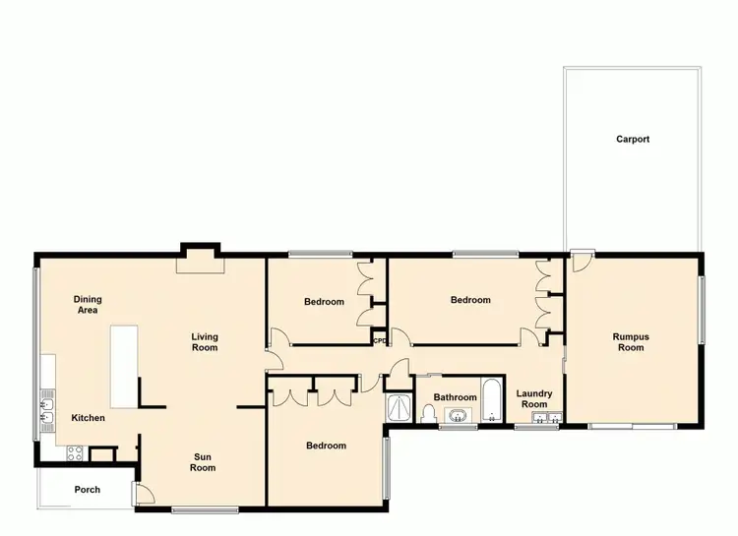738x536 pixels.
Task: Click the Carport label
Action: point(633,140)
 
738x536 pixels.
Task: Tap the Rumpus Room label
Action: point(630,342)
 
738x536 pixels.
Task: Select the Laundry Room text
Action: point(534,399)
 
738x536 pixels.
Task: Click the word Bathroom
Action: point(456,397)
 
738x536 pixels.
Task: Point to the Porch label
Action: point(87,489)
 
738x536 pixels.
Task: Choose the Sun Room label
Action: point(203,462)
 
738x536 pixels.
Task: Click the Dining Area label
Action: point(88,304)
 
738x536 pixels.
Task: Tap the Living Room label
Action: point(205,342)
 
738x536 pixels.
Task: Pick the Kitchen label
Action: point(88,418)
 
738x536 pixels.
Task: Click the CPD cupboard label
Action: point(379,341)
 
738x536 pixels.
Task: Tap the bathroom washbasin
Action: point(457,414)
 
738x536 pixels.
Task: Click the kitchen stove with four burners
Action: point(73,453)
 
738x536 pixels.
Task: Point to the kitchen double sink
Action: point(46,413)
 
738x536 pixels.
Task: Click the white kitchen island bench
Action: point(123,367)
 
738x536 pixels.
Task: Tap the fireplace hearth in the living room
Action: point(199,263)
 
